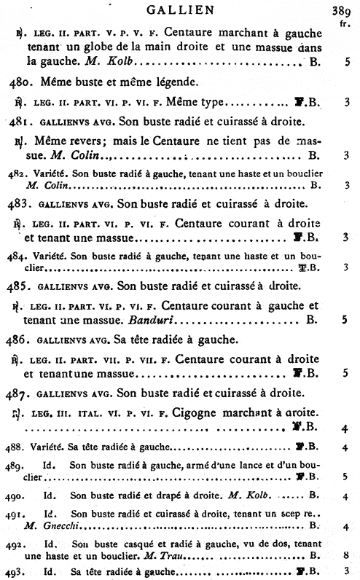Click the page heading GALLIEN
[x=179, y=9]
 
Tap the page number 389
[x=342, y=10]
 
